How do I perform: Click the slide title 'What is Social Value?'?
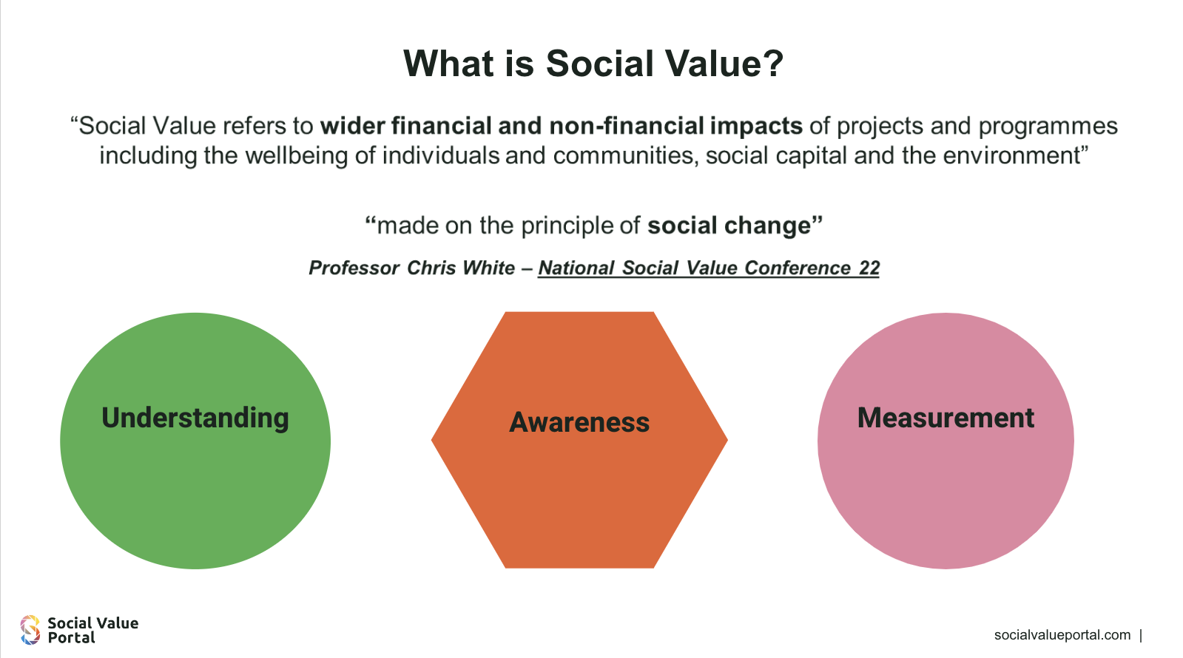click(593, 64)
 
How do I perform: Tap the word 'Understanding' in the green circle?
click(195, 418)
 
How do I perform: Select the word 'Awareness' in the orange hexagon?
click(579, 422)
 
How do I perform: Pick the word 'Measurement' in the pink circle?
click(946, 418)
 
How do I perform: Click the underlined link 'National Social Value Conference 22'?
click(709, 268)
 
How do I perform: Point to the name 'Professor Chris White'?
click(411, 268)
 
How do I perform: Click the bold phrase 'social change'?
click(729, 225)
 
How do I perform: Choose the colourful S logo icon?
click(30, 630)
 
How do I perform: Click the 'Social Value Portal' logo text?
click(93, 630)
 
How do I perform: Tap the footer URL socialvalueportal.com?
click(1062, 635)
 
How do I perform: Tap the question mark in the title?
click(773, 64)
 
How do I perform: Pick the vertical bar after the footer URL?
click(1142, 635)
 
